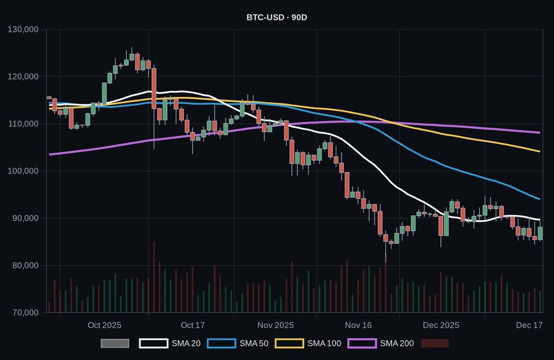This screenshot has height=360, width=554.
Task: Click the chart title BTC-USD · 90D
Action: (277, 18)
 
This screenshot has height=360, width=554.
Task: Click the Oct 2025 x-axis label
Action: (104, 325)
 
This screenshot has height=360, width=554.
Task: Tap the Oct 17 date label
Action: (193, 325)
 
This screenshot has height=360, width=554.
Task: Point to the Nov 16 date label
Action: (359, 325)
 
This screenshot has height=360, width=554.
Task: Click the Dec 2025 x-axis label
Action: (441, 325)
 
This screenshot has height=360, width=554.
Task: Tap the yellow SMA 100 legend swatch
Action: (289, 343)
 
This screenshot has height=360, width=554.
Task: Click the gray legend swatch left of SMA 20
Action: (114, 343)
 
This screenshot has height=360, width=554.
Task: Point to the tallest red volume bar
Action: (154, 277)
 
